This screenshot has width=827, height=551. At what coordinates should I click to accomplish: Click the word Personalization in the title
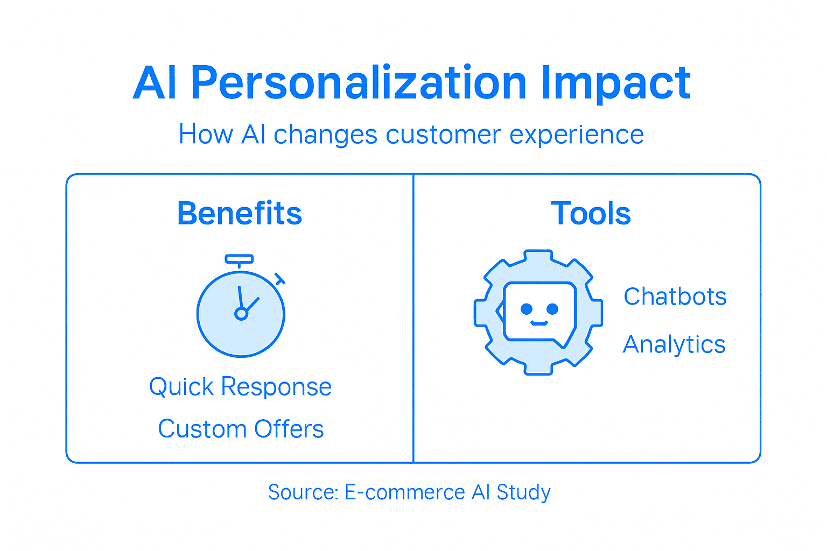tap(358, 83)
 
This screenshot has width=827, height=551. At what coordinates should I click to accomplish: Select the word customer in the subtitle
tap(443, 135)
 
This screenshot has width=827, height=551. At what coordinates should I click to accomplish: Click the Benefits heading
tap(240, 214)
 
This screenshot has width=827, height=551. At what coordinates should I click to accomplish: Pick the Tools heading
tap(591, 214)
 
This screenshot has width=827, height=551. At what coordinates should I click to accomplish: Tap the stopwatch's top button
tap(239, 259)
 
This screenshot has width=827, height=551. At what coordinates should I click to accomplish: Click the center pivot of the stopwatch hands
tap(241, 314)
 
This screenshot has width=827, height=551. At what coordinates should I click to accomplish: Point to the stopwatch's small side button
tap(279, 279)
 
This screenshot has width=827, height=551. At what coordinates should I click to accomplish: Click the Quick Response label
tap(240, 387)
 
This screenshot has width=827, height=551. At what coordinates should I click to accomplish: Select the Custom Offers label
tap(241, 429)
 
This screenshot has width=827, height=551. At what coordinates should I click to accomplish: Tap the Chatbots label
tap(675, 297)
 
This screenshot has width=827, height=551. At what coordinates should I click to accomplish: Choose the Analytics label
tap(674, 345)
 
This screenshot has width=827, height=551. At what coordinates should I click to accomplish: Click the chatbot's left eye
tap(527, 309)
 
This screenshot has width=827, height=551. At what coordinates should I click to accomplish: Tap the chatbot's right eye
tap(552, 309)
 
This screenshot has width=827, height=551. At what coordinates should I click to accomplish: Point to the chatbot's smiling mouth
tap(539, 323)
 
